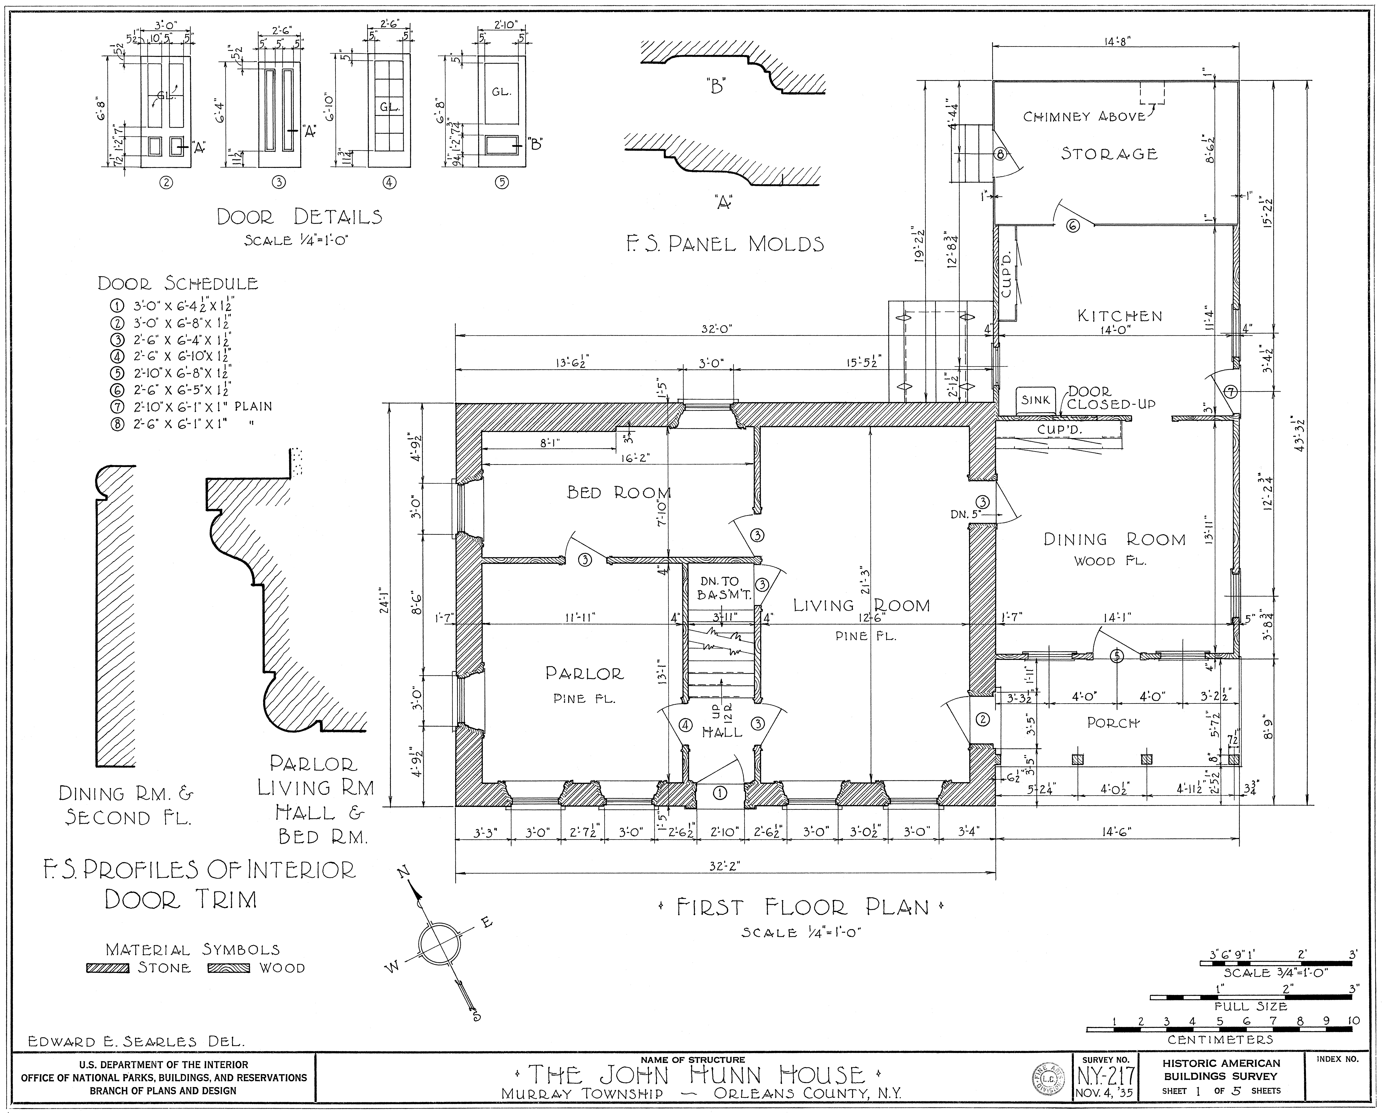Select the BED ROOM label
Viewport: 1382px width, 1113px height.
click(619, 492)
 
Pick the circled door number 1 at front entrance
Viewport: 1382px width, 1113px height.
click(720, 793)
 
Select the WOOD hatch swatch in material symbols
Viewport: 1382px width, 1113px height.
click(229, 968)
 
